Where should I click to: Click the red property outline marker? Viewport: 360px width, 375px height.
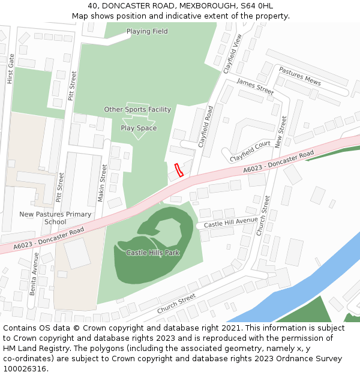178,170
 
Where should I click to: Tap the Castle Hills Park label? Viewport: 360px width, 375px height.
153,253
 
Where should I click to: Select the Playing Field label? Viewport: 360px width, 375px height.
147,31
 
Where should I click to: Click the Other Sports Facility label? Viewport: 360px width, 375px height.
137,109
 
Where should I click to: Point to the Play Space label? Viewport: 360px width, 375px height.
139,128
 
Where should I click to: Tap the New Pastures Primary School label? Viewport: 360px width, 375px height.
55,218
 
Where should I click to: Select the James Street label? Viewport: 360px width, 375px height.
255,86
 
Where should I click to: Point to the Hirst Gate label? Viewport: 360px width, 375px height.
10,68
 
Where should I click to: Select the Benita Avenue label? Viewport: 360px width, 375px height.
34,273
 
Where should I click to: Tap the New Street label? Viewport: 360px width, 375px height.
280,133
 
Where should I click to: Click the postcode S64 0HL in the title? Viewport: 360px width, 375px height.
259,6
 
